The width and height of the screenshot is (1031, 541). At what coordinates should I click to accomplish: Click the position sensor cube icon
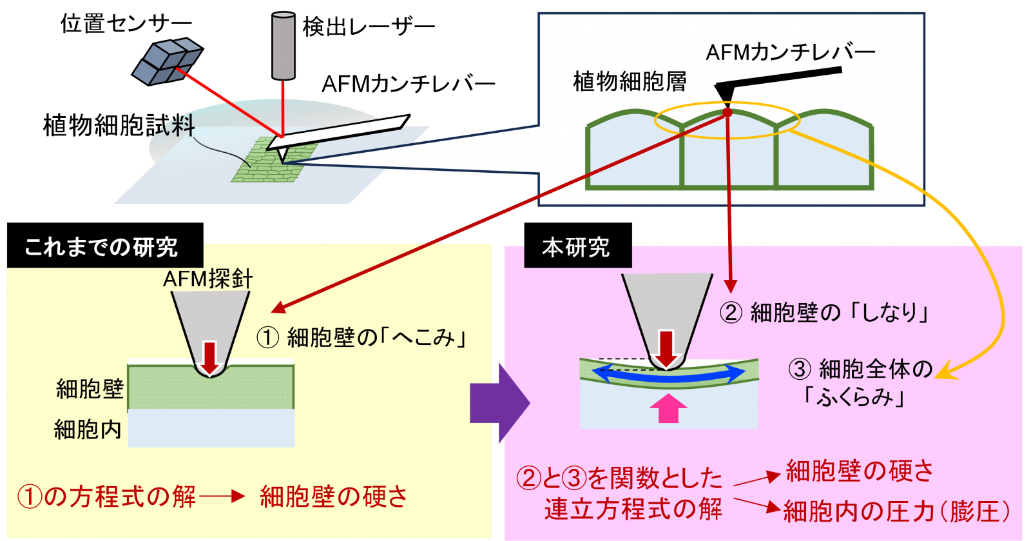(167, 61)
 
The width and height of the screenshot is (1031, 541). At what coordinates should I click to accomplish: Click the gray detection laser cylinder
(284, 45)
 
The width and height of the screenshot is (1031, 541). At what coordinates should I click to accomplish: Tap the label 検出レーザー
(369, 27)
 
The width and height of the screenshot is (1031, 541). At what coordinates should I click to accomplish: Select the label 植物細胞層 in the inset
(630, 82)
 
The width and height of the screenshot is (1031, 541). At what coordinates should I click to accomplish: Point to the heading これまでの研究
(101, 247)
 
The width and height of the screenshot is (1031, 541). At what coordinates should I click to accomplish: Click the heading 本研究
(575, 247)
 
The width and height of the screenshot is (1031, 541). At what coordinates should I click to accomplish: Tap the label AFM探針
(207, 279)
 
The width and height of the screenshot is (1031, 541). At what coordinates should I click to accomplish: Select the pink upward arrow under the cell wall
(668, 408)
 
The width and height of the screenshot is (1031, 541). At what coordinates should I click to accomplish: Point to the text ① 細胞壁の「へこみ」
(361, 337)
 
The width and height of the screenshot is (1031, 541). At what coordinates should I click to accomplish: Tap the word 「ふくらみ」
(854, 397)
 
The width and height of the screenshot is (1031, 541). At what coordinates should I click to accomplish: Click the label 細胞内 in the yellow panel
(88, 429)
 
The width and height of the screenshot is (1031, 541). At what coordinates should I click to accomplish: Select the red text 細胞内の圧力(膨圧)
(896, 511)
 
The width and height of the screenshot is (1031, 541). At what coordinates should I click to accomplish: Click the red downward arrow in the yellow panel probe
(209, 357)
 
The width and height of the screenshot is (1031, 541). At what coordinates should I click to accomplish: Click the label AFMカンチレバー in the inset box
(790, 52)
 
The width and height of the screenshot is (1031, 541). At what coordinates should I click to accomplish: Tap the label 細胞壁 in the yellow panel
(90, 389)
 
